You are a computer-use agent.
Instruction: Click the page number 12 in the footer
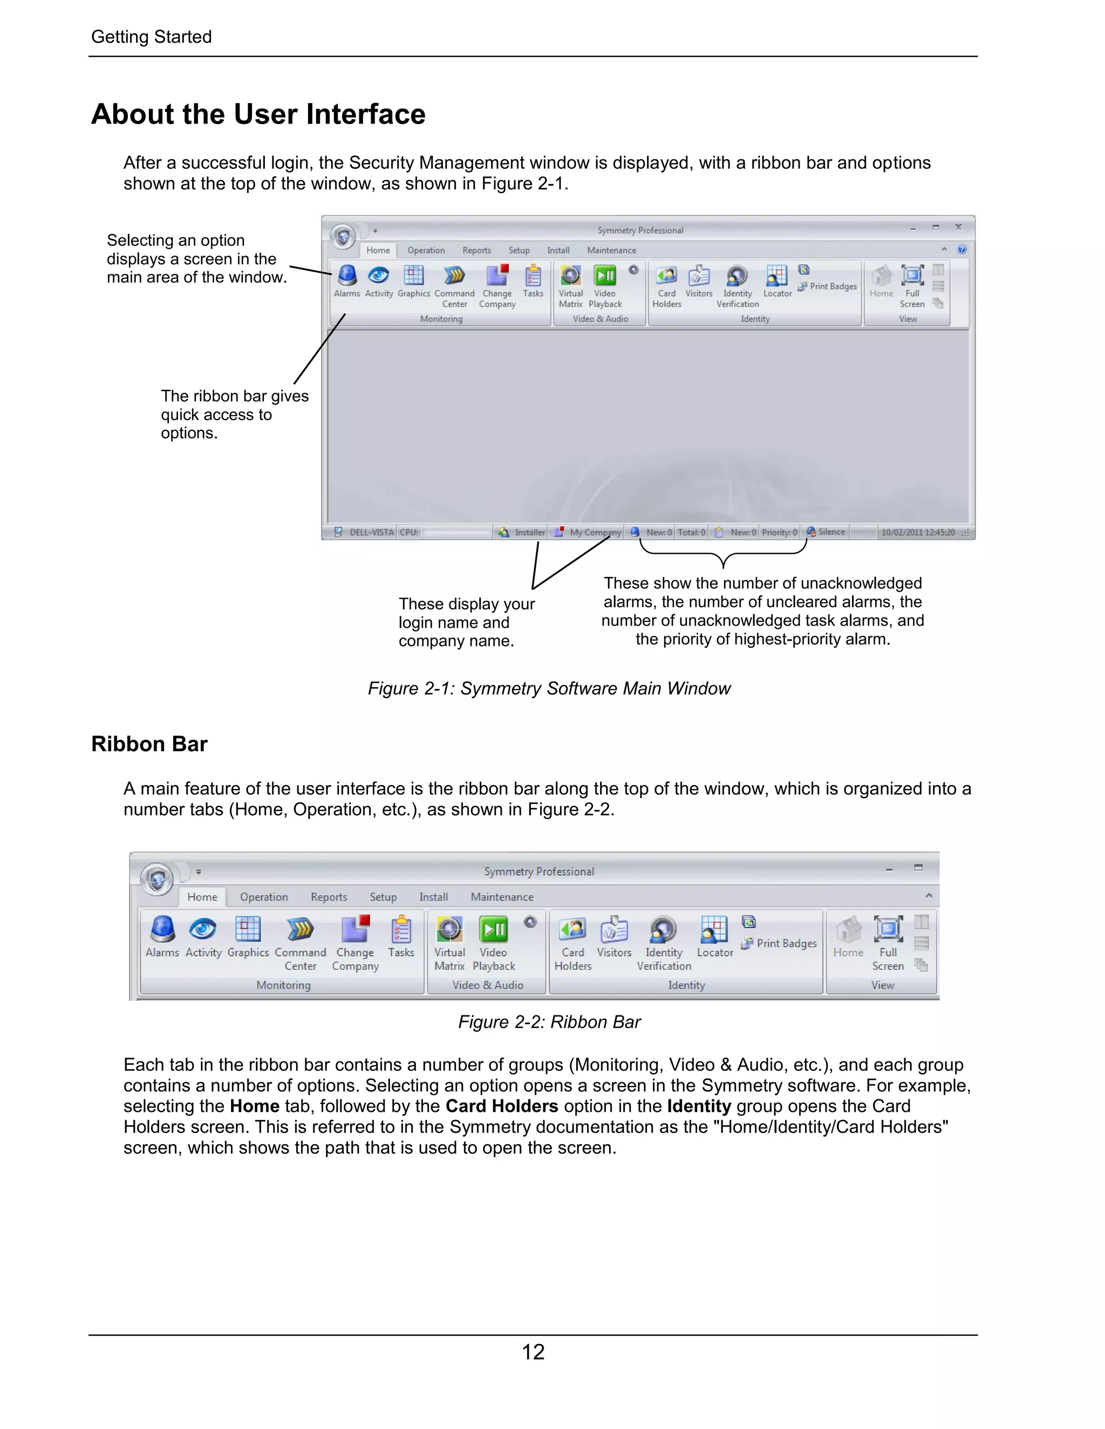pyautogui.click(x=533, y=1352)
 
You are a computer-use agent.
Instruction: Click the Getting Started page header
pyautogui.click(x=151, y=37)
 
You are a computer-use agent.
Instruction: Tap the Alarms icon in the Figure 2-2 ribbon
pyautogui.click(x=162, y=930)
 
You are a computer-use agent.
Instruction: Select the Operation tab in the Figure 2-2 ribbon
pyautogui.click(x=264, y=897)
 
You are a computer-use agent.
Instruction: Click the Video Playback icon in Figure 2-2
pyautogui.click(x=494, y=930)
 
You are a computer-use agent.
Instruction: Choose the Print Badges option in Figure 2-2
pyautogui.click(x=786, y=944)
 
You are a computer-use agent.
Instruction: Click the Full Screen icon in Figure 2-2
pyautogui.click(x=888, y=930)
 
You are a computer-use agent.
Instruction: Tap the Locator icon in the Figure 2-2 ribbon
pyautogui.click(x=714, y=930)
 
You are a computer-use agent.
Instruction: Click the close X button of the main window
pyautogui.click(x=958, y=227)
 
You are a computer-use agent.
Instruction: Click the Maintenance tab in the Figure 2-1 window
pyautogui.click(x=611, y=251)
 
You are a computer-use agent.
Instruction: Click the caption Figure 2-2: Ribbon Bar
pyautogui.click(x=549, y=1022)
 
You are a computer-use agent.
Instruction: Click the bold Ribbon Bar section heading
pyautogui.click(x=149, y=744)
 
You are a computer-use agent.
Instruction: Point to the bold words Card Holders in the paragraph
pyautogui.click(x=501, y=1107)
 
